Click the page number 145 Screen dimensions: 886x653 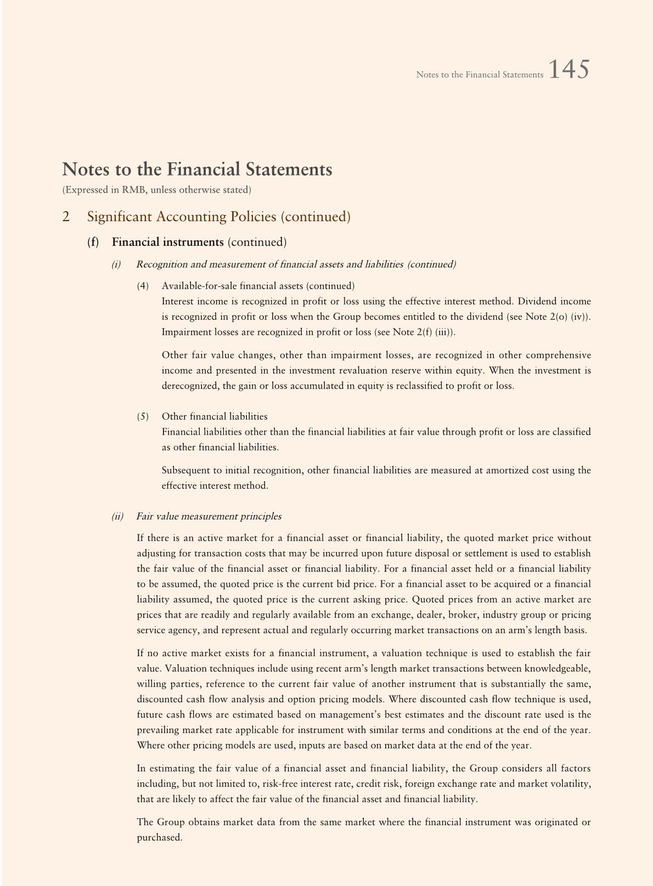point(568,70)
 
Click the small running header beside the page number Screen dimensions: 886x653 point(479,75)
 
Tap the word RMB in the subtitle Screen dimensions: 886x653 point(121,190)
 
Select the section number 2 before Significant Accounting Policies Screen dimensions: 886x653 point(66,217)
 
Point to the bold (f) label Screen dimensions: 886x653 point(93,242)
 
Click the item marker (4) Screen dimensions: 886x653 point(143,286)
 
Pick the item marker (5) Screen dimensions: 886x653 point(143,416)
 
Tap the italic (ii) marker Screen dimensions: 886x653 point(117,516)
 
